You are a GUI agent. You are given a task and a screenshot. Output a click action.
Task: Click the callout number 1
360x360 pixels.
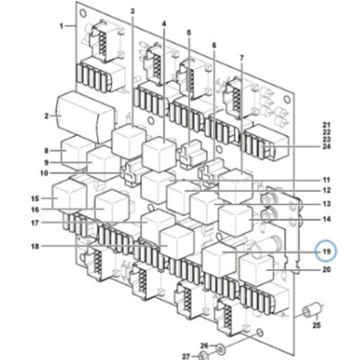[x=61, y=26]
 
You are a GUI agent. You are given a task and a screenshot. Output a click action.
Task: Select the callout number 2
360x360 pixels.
[x=47, y=116]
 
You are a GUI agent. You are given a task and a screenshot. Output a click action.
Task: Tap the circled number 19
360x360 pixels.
[x=327, y=252]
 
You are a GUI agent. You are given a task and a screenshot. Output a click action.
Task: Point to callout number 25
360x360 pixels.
[x=317, y=325]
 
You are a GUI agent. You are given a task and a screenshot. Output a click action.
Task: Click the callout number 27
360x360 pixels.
[x=187, y=356]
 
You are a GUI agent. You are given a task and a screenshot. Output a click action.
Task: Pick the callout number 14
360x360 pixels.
[x=327, y=220]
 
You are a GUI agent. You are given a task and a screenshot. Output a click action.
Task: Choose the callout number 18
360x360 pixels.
[x=35, y=247]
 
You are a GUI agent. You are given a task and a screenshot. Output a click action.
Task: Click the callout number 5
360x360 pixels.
[x=189, y=32]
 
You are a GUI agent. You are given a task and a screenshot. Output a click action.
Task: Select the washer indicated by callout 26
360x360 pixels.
[x=221, y=349]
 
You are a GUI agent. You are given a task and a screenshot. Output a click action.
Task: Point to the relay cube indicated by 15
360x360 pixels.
[x=69, y=195]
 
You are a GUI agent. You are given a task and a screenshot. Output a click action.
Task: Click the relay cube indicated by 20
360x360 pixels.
[x=256, y=268]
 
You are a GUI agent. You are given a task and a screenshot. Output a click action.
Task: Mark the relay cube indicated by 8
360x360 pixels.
[x=76, y=151]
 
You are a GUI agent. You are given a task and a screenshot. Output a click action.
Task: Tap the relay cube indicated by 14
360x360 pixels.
[x=236, y=220]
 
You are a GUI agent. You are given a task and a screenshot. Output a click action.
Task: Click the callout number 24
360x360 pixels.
[x=327, y=147]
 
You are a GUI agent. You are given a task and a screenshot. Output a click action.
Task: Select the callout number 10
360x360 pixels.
[x=44, y=173]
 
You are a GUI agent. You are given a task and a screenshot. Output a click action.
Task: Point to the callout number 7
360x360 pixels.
[x=242, y=57]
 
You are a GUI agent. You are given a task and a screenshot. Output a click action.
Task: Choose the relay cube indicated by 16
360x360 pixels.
[x=112, y=207]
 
